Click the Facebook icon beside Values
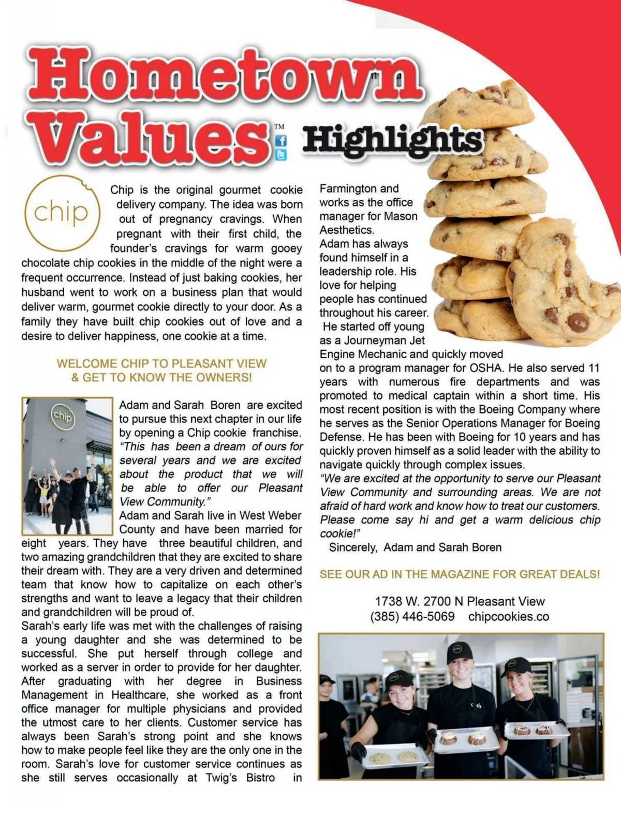[281, 141]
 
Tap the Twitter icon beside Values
[281, 155]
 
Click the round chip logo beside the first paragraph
[62, 213]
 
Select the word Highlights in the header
[392, 140]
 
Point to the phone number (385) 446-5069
[412, 616]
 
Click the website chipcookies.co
[509, 616]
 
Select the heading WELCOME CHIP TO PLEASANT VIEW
[161, 363]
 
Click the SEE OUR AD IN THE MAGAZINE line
[460, 574]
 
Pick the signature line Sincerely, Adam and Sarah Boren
[415, 547]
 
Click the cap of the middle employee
[459, 651]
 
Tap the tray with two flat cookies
[395, 756]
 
